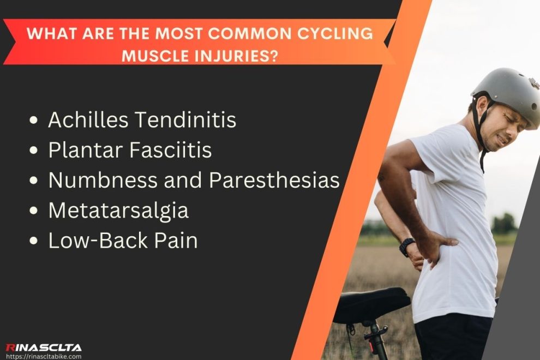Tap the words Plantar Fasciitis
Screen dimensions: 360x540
[x=130, y=150]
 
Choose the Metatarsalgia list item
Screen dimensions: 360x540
[x=118, y=211]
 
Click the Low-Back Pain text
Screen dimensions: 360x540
[x=123, y=241]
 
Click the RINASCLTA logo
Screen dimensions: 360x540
[x=43, y=347]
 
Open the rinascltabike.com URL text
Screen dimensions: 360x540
[x=43, y=356]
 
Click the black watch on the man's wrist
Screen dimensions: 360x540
[x=407, y=247]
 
